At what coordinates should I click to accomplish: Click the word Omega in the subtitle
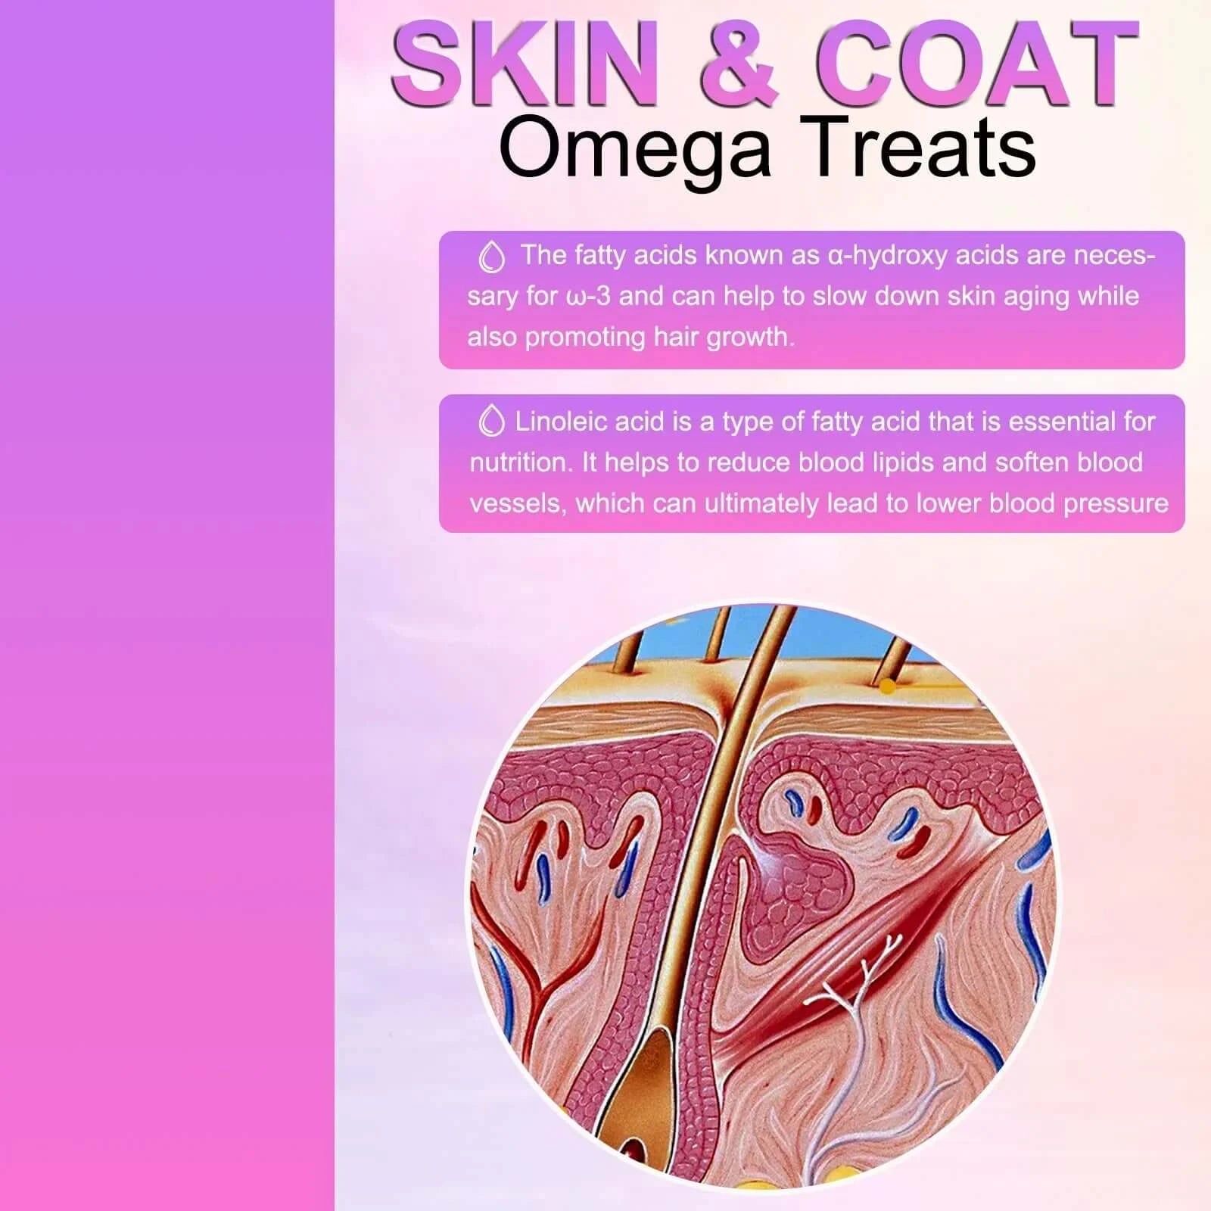coord(634,149)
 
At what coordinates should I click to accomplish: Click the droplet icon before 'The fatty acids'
coord(492,257)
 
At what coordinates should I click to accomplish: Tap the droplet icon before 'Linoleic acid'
coord(492,421)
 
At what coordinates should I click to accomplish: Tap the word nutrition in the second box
coord(521,462)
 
